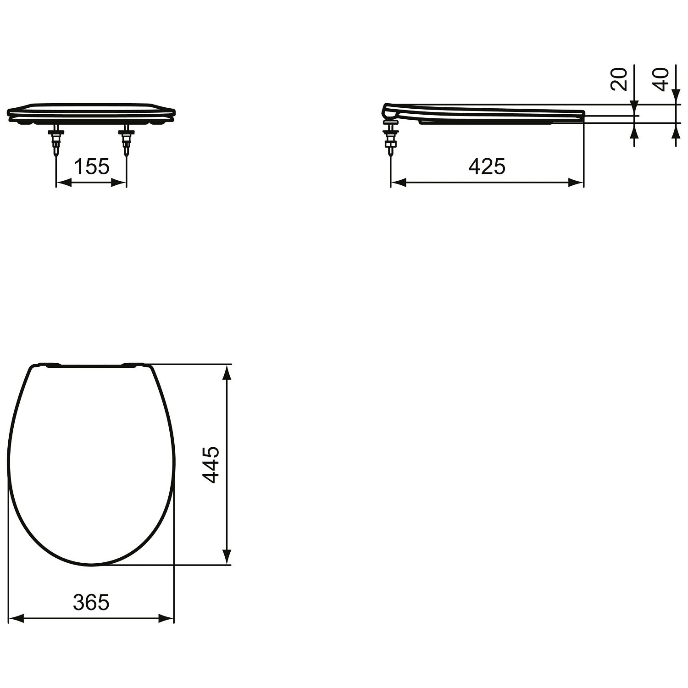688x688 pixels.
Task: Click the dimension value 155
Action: click(x=91, y=166)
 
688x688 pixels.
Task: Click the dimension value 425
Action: click(x=487, y=166)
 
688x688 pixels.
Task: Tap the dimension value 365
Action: click(x=91, y=602)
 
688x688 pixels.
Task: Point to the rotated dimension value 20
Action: click(x=619, y=79)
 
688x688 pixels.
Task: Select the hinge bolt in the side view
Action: click(x=391, y=138)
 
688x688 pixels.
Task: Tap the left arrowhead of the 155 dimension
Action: click(x=62, y=183)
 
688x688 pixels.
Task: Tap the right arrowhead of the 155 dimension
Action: click(x=120, y=183)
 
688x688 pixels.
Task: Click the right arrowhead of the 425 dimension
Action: click(x=577, y=183)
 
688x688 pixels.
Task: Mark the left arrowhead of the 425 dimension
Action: click(x=398, y=183)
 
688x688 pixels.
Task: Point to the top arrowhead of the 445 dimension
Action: click(x=226, y=372)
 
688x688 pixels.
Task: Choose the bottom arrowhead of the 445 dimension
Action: click(x=226, y=557)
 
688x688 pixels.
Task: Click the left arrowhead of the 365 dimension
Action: click(x=16, y=619)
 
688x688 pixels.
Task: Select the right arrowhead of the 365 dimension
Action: click(x=167, y=619)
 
